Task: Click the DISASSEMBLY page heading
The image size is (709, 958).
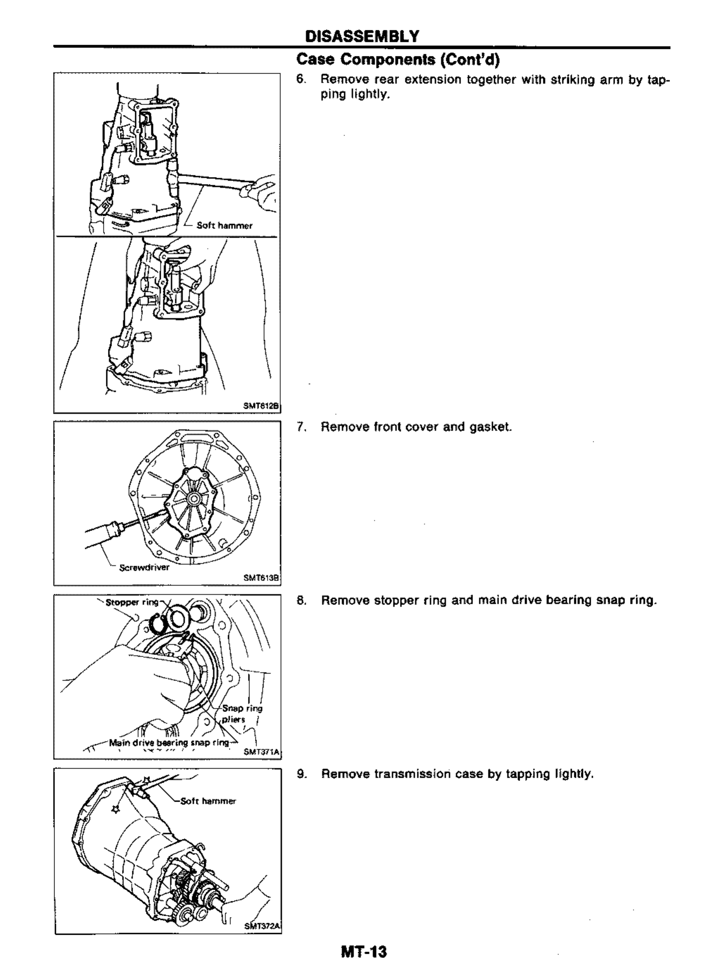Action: (x=362, y=37)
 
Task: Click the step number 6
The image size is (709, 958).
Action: (x=301, y=80)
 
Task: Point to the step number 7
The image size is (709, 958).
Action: (x=301, y=427)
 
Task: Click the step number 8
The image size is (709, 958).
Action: (x=301, y=600)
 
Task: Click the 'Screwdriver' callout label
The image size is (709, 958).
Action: (x=144, y=567)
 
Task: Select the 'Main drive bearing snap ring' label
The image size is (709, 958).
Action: (x=169, y=743)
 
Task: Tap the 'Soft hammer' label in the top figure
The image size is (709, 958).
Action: (x=224, y=226)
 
